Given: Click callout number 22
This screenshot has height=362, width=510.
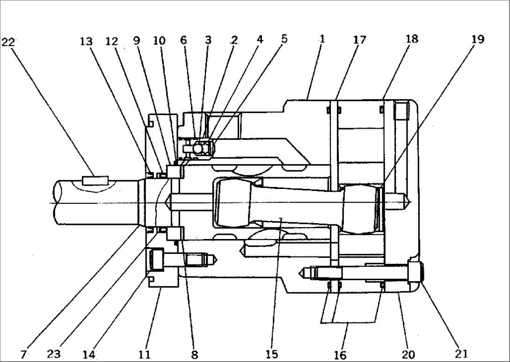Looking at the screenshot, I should (x=9, y=43).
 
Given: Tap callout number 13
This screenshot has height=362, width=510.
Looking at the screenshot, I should (x=86, y=41).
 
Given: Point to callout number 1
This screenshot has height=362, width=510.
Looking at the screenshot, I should (x=322, y=39).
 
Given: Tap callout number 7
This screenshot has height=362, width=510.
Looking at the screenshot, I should (x=23, y=355).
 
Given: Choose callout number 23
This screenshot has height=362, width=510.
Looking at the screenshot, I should (x=53, y=354).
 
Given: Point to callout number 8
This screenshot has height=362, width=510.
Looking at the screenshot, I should (x=195, y=355).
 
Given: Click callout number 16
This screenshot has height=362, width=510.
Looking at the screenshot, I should (x=340, y=355).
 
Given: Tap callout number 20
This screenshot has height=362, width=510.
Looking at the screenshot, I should (x=408, y=355).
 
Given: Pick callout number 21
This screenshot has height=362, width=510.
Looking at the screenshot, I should (x=461, y=354).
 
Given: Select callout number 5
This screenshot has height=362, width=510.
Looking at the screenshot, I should (x=284, y=39).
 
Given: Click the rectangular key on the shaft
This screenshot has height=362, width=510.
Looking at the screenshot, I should (x=95, y=179).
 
